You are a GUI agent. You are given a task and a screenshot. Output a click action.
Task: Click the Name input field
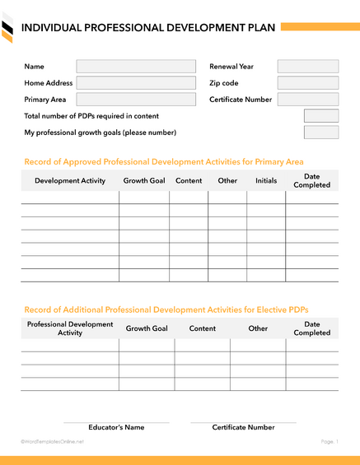click(136, 67)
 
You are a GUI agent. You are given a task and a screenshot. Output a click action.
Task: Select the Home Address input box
click(136, 83)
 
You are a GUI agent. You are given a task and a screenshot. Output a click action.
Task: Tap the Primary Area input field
click(136, 100)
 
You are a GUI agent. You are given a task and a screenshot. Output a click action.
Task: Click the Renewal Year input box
click(308, 67)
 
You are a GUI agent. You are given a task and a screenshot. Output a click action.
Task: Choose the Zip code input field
click(308, 83)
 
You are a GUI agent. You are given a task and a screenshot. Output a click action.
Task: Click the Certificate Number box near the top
click(308, 100)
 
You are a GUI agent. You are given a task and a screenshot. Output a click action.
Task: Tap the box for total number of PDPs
click(320, 116)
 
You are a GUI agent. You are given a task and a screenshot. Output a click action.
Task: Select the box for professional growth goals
click(320, 133)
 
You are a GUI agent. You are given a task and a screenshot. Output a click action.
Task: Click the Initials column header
click(266, 180)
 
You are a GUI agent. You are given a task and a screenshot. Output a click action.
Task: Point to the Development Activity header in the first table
click(70, 180)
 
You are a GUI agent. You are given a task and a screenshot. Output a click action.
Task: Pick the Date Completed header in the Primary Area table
click(311, 180)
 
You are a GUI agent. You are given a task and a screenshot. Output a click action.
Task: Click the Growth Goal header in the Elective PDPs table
click(147, 328)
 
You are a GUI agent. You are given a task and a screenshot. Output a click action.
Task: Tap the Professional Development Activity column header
click(70, 328)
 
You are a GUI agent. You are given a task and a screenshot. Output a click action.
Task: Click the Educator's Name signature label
click(116, 427)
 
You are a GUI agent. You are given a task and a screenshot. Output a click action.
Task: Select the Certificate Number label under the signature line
click(243, 427)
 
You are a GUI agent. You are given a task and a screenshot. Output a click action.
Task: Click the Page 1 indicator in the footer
click(330, 442)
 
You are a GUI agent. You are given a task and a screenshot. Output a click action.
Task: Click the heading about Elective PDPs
click(166, 309)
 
